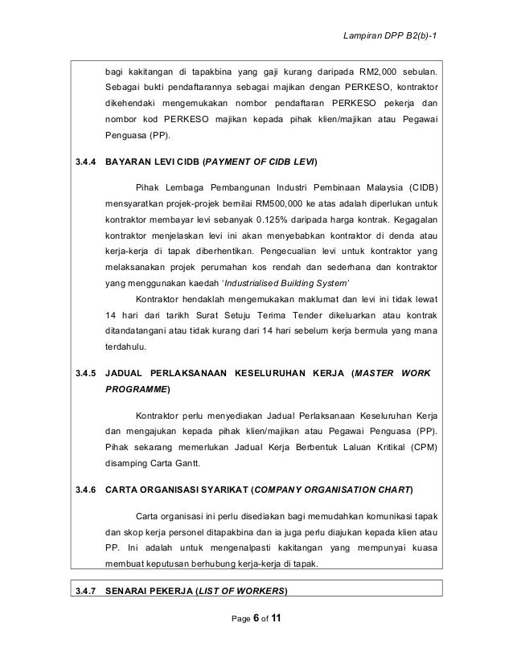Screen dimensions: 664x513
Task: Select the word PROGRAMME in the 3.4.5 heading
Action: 136,391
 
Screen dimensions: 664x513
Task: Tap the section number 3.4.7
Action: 84,592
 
